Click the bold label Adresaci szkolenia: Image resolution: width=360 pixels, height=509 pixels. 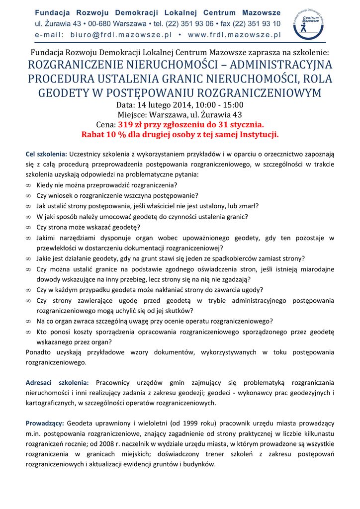coord(57,382)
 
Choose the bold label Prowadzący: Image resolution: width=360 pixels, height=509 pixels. coord(45,423)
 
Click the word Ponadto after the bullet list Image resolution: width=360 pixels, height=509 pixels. coord(40,352)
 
